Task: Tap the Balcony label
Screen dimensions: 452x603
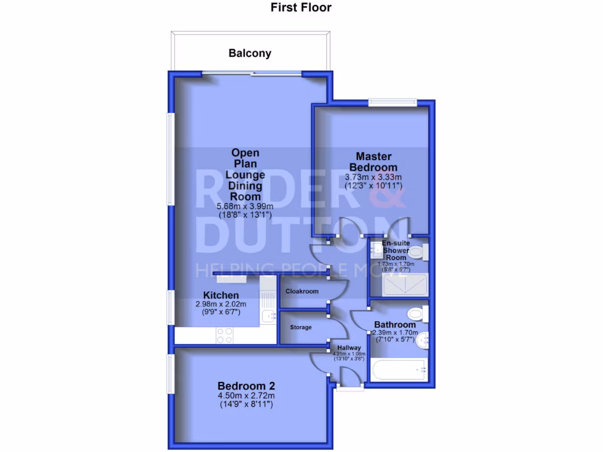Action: (250, 54)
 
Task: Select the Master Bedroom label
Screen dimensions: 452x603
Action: (373, 162)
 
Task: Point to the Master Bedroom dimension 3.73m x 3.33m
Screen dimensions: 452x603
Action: (373, 177)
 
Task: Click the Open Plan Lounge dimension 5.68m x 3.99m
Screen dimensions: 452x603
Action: (244, 207)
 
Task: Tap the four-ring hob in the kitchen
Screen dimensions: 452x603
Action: (225, 335)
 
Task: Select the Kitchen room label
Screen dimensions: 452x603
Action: (221, 295)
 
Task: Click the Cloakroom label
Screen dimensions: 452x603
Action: (302, 291)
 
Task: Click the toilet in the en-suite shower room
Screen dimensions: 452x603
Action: (417, 254)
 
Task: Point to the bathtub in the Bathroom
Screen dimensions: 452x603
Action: (400, 370)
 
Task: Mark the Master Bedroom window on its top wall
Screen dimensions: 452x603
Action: (393, 102)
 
